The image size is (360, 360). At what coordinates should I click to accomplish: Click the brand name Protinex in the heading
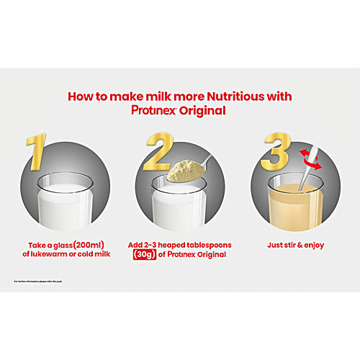click(158, 111)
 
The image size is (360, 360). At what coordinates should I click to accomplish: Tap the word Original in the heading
click(205, 111)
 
